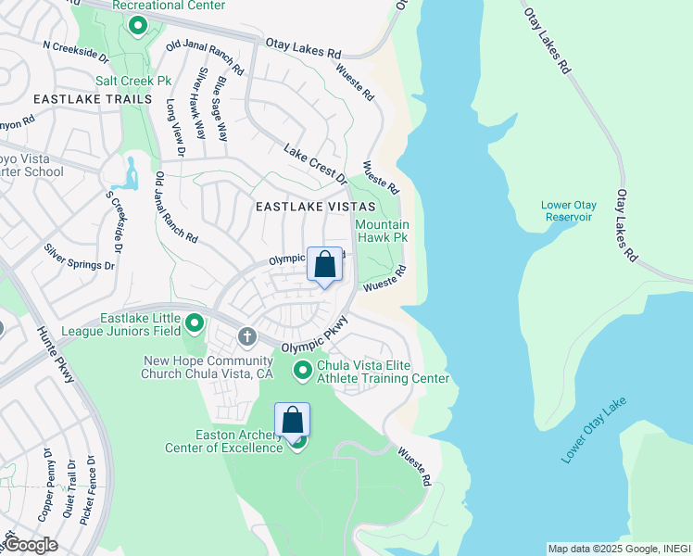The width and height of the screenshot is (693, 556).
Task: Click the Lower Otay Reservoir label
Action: click(x=569, y=210)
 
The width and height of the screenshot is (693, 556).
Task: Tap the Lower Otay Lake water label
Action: click(x=594, y=430)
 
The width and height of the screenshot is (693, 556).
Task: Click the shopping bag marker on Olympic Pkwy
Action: click(x=324, y=265)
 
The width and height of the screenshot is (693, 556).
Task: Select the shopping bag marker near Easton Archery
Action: click(x=292, y=419)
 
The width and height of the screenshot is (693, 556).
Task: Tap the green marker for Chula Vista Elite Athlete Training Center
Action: click(x=302, y=372)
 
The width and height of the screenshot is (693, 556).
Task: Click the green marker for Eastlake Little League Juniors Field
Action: click(x=195, y=323)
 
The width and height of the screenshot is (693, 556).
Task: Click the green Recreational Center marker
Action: click(x=138, y=25)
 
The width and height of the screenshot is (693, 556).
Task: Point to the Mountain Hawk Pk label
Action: click(x=382, y=232)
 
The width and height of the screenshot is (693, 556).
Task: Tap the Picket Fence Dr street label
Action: click(x=89, y=491)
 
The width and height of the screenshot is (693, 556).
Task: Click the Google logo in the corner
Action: click(x=30, y=545)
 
